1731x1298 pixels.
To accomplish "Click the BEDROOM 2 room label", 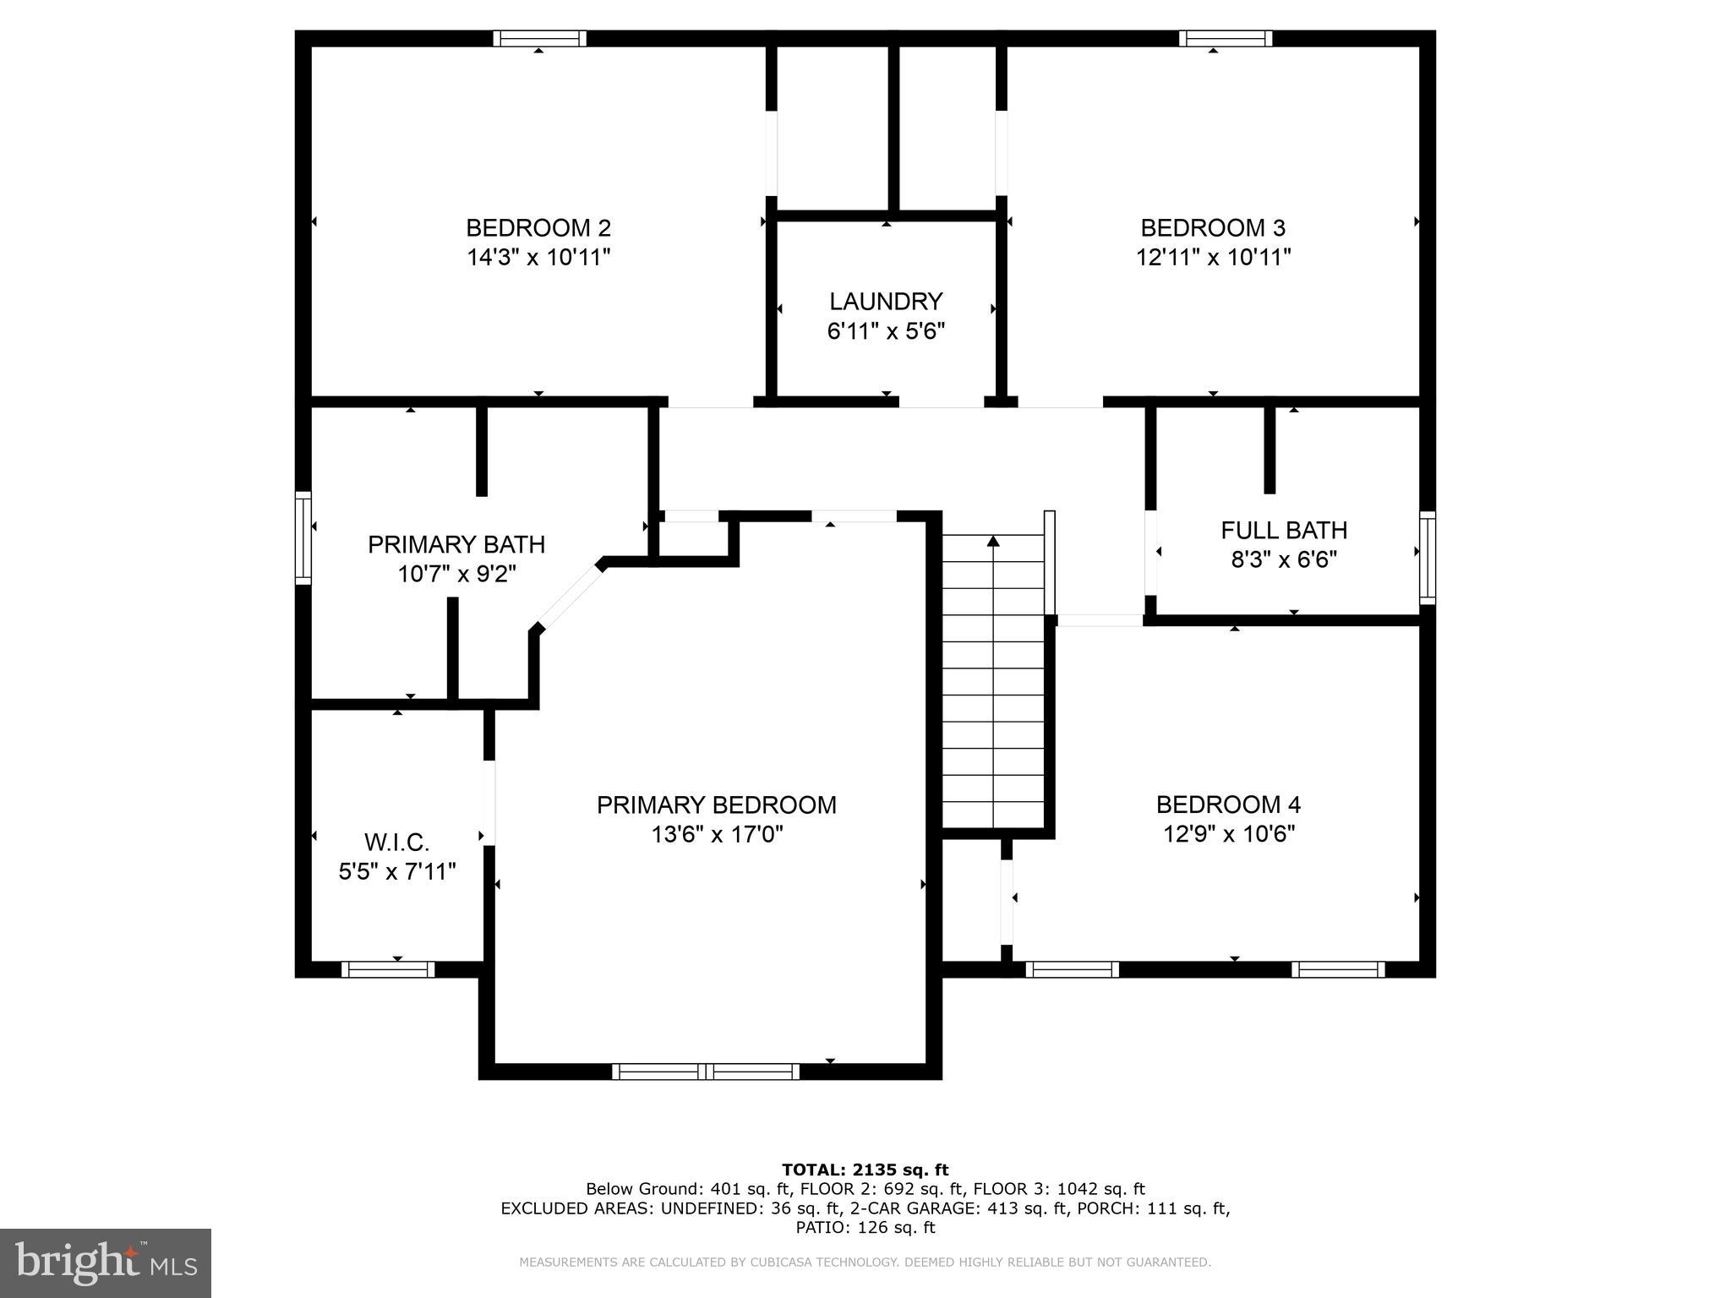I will [538, 228].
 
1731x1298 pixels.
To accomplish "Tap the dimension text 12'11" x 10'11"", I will [1213, 257].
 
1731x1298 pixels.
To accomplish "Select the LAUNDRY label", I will [885, 302].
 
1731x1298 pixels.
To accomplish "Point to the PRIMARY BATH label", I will [456, 544].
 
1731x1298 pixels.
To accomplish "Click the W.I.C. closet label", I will [397, 843].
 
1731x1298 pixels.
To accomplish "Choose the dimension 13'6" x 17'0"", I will [717, 835].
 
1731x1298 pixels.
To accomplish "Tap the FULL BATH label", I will [1284, 531].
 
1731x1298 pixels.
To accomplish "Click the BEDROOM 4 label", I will [1228, 804].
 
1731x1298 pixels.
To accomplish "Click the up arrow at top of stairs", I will [994, 540].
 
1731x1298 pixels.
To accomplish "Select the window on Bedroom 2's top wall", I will [539, 38].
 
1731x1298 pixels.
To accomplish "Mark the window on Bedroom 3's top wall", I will [1225, 38].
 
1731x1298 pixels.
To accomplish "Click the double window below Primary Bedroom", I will [706, 1072].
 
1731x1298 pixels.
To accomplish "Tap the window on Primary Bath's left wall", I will [303, 537].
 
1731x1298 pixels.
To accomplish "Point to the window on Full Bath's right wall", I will [1427, 557].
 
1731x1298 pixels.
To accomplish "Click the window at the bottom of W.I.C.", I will [388, 969].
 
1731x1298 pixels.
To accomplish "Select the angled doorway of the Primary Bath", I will [570, 597].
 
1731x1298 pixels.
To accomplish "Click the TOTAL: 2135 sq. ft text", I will [865, 1170].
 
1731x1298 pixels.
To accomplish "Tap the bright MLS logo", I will [106, 1263].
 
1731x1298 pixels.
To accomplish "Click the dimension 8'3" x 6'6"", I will [1284, 559].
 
